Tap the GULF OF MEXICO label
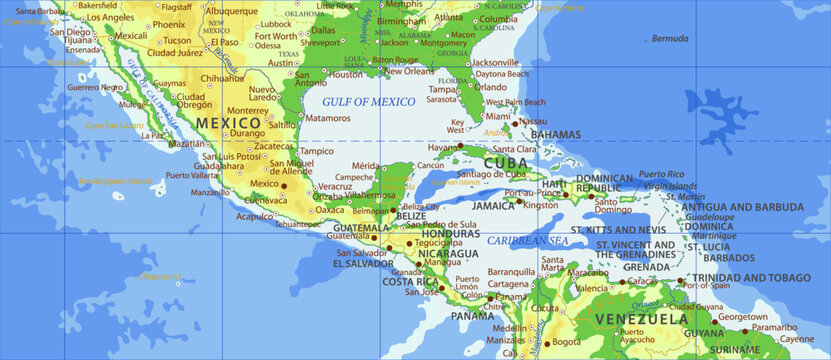coord(368,102)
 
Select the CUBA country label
coord(505,162)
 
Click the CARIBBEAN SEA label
coord(527,241)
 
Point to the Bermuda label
coord(669,39)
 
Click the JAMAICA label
coord(493,205)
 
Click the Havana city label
coord(442,147)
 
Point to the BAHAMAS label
coord(555,134)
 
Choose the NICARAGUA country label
coord(420,254)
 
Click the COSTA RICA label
coord(410,282)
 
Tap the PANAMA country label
coord(471,315)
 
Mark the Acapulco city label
coord(255,215)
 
